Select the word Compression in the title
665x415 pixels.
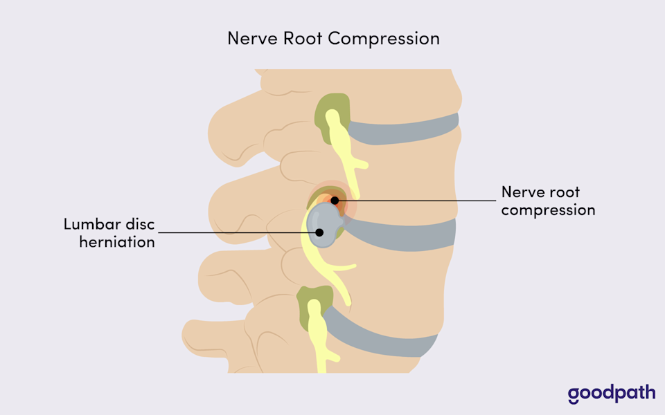point(384,39)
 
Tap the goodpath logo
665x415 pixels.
point(612,394)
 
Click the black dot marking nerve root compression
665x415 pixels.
point(335,201)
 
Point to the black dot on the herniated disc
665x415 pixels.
point(320,232)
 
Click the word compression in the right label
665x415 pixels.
point(548,210)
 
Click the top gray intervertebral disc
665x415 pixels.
point(409,130)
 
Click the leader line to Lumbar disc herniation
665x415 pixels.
point(236,232)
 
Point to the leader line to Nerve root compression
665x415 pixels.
point(416,201)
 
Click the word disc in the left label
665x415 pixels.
point(139,225)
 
